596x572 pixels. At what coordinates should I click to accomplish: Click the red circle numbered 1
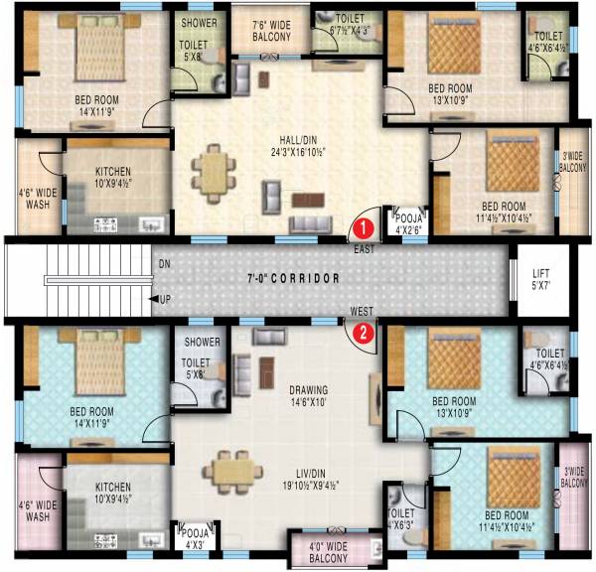click(366, 227)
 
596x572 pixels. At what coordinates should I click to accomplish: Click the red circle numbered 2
click(366, 333)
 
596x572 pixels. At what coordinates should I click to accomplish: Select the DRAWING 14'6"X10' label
click(309, 396)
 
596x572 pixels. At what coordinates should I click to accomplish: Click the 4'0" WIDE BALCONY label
click(326, 550)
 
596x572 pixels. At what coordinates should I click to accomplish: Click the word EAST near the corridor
click(365, 249)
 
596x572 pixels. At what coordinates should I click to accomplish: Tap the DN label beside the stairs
click(163, 263)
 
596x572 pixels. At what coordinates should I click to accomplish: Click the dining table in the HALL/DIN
click(212, 173)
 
